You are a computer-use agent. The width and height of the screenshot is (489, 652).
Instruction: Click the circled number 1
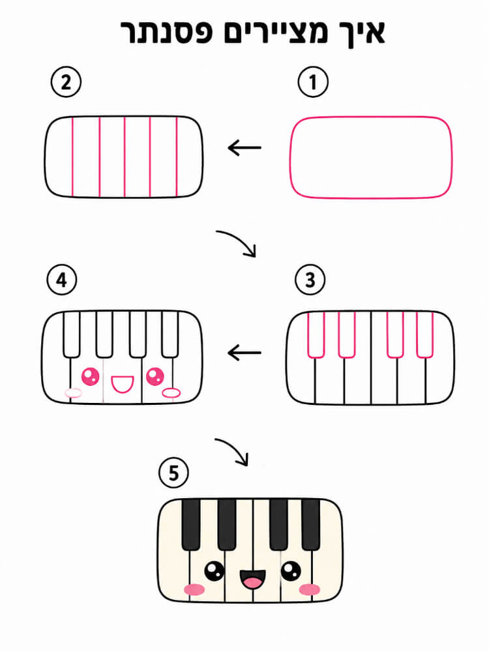coord(313,82)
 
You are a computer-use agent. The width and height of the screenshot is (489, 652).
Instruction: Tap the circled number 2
coord(66,82)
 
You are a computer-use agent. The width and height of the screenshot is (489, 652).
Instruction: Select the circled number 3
coord(310,280)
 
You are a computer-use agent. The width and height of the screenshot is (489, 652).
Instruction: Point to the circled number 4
coord(62,280)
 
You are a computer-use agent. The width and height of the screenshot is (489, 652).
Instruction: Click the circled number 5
coord(173,473)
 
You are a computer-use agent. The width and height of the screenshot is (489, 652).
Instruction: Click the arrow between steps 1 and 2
coord(244,147)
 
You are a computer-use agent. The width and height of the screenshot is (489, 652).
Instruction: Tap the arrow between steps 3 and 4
coord(244,353)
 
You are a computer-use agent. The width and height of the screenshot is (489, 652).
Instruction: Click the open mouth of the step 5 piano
coord(252,579)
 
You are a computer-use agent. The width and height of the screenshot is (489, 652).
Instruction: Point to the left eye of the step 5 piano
coord(215,571)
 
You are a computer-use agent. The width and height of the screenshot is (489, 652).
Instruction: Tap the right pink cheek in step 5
coord(309,589)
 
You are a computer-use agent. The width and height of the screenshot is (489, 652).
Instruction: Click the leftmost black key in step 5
coord(191,525)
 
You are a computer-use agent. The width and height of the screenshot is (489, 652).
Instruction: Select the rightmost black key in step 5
coord(310,525)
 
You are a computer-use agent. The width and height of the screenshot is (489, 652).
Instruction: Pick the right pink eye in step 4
coord(155,376)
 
